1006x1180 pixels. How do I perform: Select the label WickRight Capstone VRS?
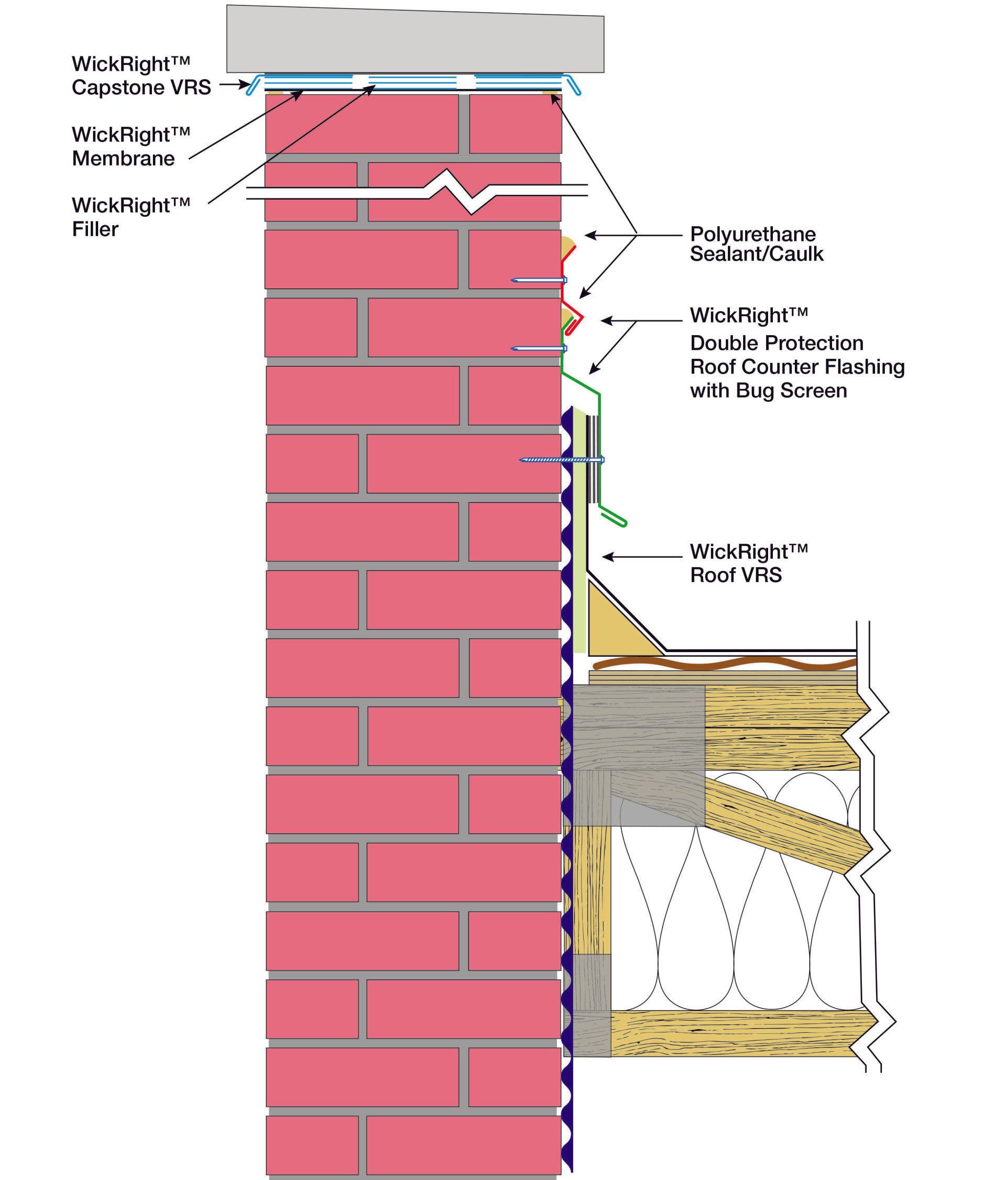141,75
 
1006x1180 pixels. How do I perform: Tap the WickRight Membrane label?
130,146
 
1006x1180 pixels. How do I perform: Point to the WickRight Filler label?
130,217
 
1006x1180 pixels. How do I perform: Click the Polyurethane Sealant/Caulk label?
756,244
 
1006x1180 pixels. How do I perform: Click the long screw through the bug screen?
561,459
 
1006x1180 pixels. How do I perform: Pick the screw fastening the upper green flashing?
538,348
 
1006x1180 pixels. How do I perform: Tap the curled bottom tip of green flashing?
622,522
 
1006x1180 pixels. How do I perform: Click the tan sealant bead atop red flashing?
568,246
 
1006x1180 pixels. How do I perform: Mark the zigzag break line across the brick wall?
456,192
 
